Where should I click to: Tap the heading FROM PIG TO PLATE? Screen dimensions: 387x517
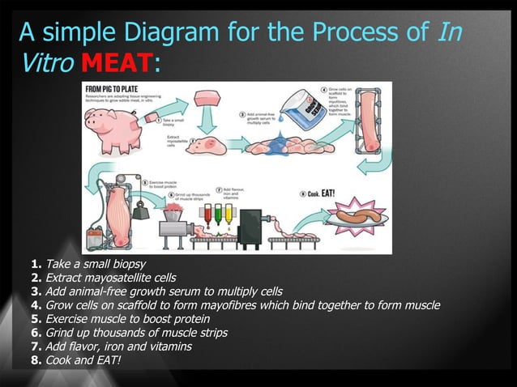tap(112, 88)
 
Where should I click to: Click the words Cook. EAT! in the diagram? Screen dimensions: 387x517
tap(325, 193)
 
